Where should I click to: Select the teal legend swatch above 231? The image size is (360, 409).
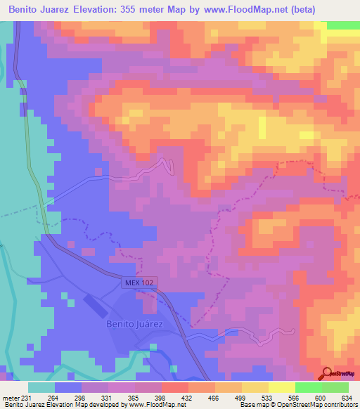click(x=41, y=387)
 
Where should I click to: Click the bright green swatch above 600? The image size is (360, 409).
click(x=307, y=387)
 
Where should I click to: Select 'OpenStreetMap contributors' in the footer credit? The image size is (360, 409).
click(x=318, y=405)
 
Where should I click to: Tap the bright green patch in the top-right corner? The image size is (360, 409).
click(x=343, y=25)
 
